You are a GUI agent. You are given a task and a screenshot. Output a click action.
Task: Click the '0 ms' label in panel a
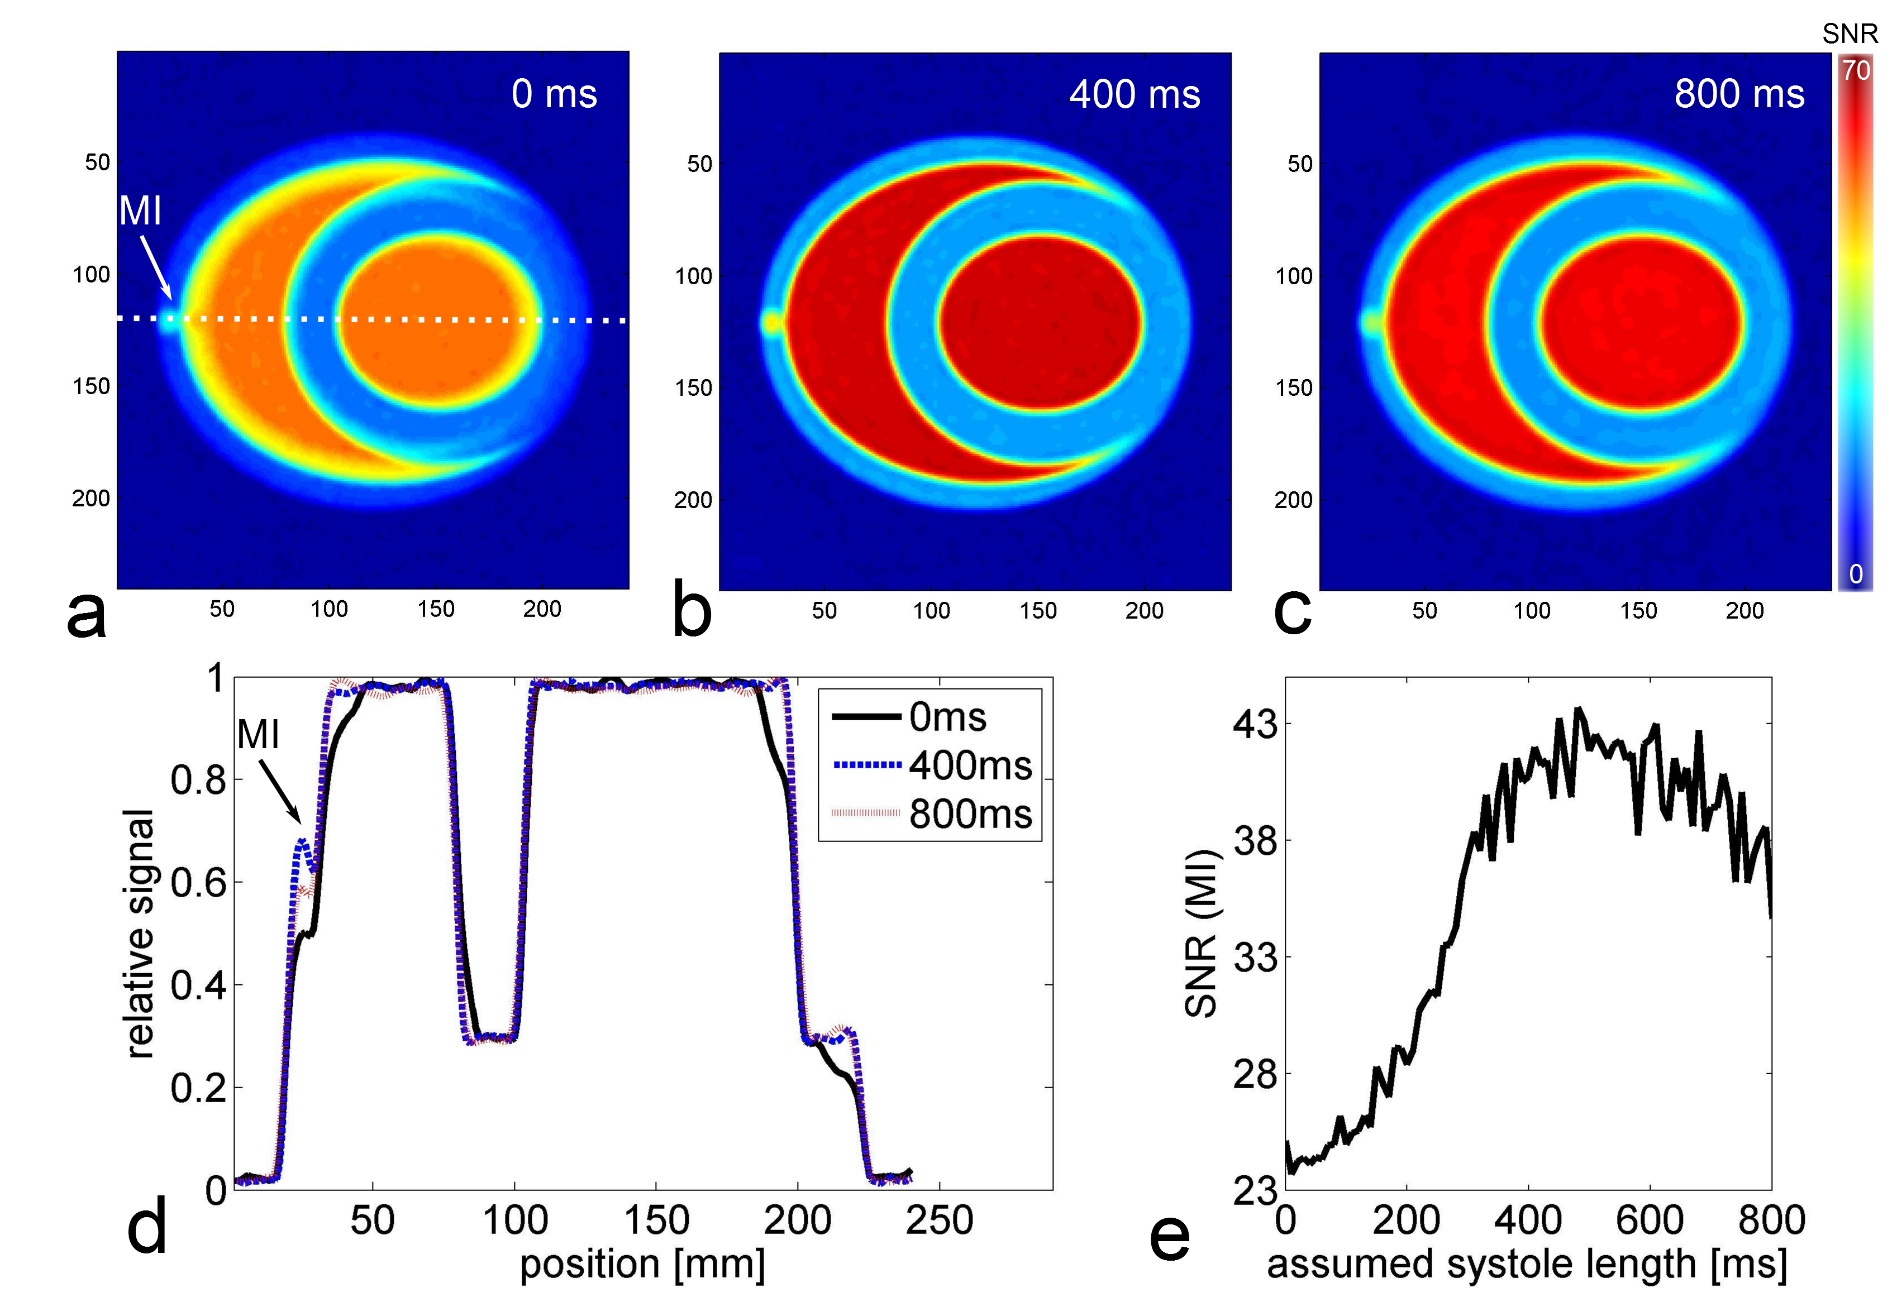554,94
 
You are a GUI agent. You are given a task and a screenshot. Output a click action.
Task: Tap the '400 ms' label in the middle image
1135,94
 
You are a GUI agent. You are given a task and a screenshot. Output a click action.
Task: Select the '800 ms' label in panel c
1739,94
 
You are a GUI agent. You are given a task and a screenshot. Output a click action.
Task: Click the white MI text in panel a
140,211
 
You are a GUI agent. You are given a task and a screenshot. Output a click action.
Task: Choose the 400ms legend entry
931,765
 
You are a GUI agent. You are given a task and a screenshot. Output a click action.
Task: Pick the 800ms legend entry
931,814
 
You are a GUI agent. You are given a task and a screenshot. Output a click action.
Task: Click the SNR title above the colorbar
1850,34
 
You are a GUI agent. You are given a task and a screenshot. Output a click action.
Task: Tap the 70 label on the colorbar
1855,71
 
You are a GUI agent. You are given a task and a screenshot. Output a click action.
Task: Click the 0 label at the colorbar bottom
1855,575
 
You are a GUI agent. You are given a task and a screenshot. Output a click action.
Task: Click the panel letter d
147,1226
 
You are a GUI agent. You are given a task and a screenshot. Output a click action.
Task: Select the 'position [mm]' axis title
642,1265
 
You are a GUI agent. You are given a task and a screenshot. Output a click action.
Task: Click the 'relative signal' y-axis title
140,934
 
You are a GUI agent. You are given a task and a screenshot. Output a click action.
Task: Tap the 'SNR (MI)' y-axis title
1201,934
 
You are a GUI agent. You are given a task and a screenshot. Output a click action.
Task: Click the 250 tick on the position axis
940,1221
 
